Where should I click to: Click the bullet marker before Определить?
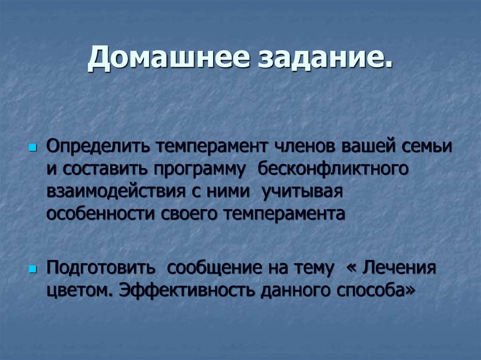tap(32, 148)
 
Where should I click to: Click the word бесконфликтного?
tap(332, 169)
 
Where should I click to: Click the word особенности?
tap(101, 214)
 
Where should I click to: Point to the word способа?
tap(376, 291)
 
